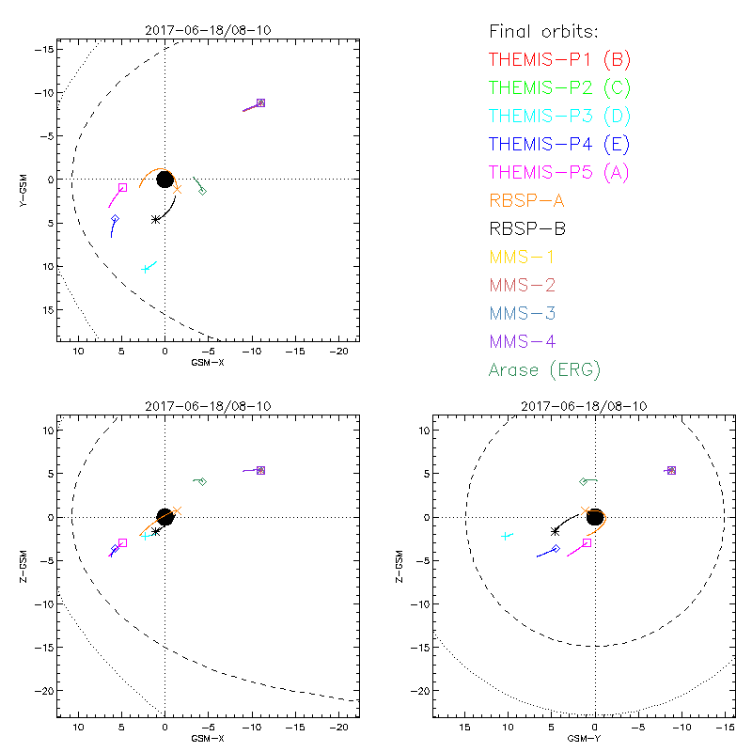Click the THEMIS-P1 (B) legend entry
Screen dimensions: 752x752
[x=559, y=60]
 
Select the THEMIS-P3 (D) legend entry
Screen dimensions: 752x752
[x=559, y=117]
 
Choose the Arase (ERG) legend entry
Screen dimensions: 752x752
[x=544, y=369]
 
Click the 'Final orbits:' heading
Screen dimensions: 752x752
[x=551, y=32]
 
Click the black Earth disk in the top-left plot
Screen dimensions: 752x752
[x=165, y=179]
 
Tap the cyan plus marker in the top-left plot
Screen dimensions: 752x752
[x=146, y=269]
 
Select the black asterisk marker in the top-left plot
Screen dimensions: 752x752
[x=156, y=219]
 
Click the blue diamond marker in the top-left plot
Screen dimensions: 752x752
[x=115, y=218]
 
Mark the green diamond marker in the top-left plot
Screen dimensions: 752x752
[x=202, y=191]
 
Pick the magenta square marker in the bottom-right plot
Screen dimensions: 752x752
[x=587, y=542]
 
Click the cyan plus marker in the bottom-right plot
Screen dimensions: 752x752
[x=507, y=536]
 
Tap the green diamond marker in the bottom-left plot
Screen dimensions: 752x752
[x=202, y=482]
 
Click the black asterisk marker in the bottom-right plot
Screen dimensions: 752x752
[x=555, y=531]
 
